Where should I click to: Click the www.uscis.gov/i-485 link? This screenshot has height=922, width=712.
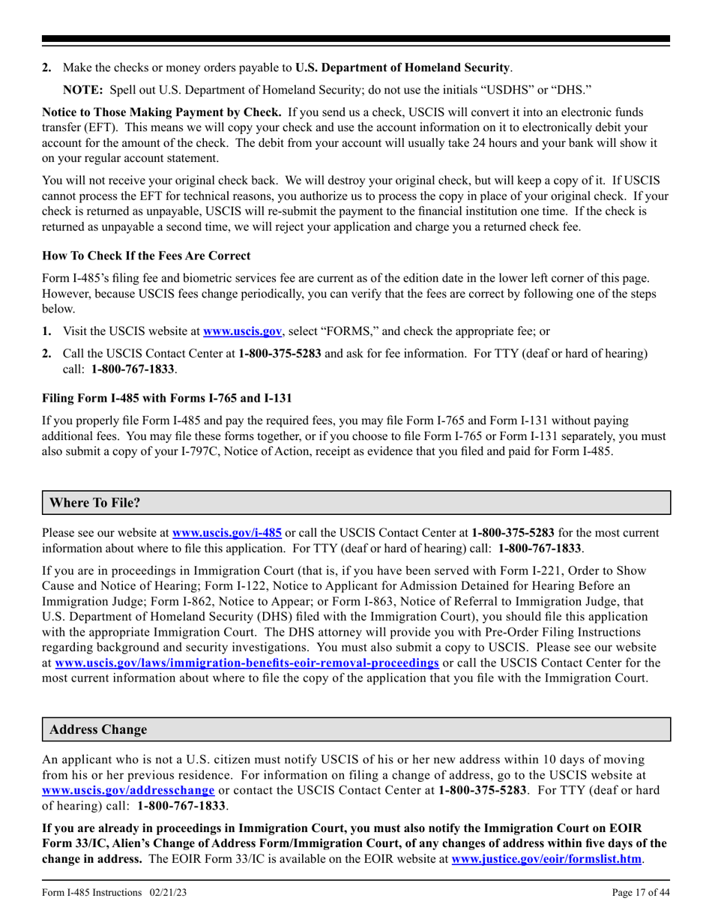click(227, 533)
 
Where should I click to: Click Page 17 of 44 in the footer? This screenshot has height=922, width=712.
click(641, 893)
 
